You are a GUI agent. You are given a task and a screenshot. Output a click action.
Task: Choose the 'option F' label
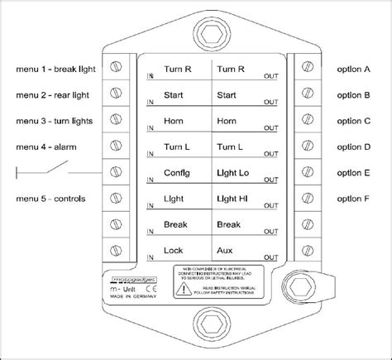pos(355,199)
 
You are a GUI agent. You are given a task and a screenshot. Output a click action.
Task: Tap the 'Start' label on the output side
pos(226,95)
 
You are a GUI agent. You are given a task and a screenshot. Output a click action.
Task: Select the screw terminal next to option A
pos(306,66)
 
